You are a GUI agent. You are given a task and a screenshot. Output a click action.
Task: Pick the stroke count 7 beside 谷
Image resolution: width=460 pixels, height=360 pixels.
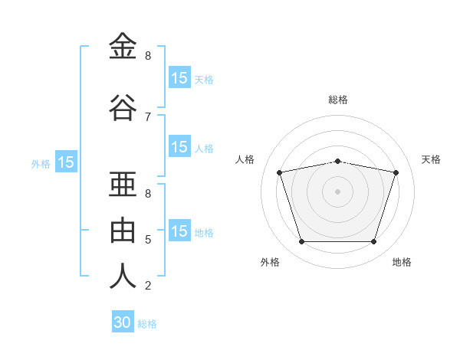click(148, 117)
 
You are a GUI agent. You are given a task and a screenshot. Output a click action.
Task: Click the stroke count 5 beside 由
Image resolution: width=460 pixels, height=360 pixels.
click(148, 240)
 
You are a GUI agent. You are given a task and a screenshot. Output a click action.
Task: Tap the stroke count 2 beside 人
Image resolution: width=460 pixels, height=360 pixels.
click(148, 286)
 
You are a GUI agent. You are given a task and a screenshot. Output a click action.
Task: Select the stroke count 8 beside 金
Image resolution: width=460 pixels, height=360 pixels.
click(148, 56)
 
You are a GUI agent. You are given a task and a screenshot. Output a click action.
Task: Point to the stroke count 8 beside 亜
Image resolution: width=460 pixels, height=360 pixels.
click(148, 194)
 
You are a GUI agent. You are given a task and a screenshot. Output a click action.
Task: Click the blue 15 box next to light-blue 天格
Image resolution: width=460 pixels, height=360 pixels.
click(179, 78)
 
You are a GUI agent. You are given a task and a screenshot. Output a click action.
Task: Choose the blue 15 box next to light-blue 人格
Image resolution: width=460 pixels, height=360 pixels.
click(179, 147)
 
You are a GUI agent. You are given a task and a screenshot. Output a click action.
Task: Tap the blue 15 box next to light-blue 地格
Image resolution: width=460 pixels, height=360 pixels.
click(179, 231)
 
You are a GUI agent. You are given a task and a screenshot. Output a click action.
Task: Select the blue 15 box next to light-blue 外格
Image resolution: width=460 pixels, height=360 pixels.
click(66, 162)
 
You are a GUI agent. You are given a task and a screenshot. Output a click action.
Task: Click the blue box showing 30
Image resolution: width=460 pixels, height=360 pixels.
click(123, 322)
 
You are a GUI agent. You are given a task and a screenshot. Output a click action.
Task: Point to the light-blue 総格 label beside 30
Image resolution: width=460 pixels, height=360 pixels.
click(147, 324)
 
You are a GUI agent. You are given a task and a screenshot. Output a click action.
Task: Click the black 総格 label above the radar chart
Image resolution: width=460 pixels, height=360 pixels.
click(338, 100)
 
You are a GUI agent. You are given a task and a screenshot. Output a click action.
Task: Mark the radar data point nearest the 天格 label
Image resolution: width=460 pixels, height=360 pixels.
click(396, 172)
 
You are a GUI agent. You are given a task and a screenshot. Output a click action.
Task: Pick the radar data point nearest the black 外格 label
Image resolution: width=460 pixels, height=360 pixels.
click(301, 242)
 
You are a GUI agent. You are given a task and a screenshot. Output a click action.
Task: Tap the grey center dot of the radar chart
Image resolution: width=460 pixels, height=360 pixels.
click(337, 191)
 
